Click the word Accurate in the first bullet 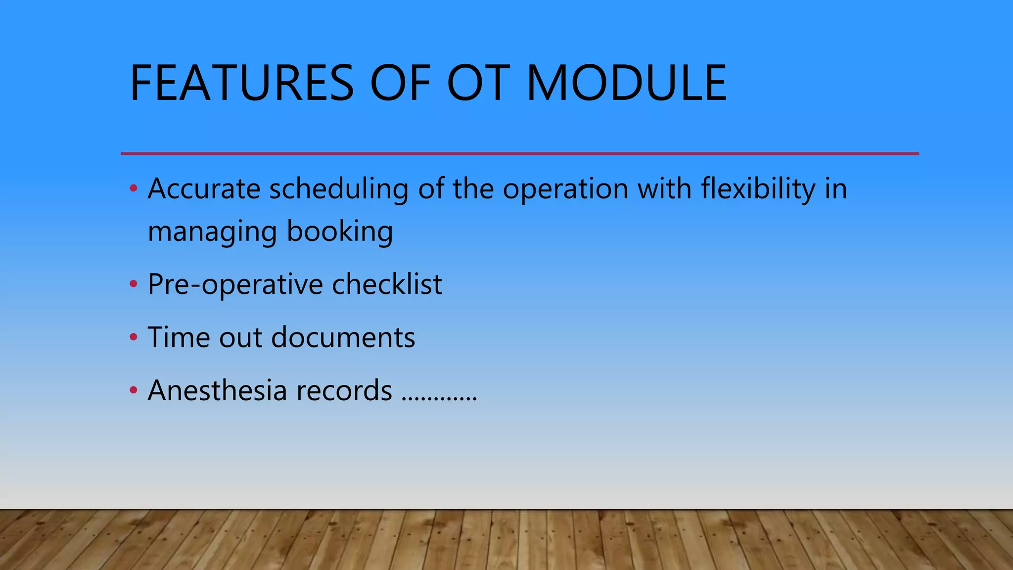(204, 189)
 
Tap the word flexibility (758, 189)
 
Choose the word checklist (387, 284)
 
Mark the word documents (343, 337)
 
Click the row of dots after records (439, 398)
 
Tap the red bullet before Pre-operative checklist (133, 285)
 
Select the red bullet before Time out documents (133, 337)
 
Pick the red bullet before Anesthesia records (133, 390)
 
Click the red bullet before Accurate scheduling (133, 189)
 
